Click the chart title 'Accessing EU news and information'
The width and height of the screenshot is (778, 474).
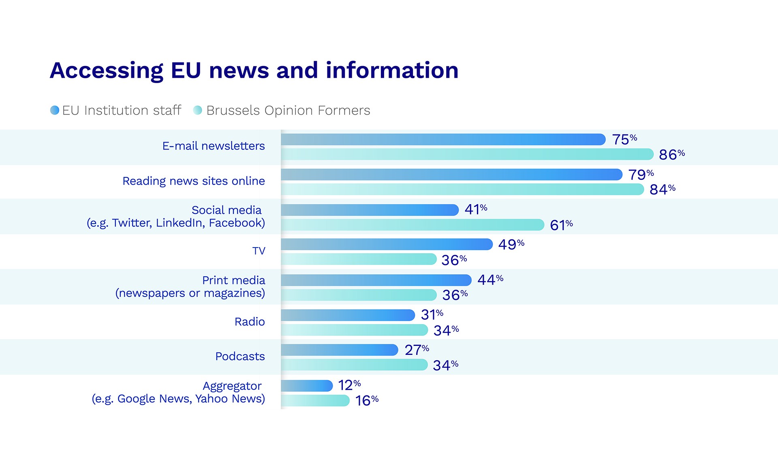[x=254, y=70]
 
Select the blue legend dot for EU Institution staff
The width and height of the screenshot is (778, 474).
[x=55, y=110]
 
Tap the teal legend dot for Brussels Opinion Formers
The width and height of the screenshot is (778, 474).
[x=198, y=110]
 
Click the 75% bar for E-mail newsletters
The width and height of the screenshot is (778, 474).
[x=443, y=139]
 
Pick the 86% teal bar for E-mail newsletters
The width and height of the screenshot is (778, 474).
[x=467, y=154]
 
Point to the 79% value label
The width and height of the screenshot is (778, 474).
[x=641, y=175]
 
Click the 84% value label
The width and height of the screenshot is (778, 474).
[x=662, y=189]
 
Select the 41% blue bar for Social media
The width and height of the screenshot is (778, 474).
[x=370, y=210]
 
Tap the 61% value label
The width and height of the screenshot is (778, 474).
[x=561, y=225]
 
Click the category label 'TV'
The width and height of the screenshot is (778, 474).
[x=259, y=251]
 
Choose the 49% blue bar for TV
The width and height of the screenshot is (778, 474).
[x=387, y=244]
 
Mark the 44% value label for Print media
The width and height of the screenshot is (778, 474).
[x=490, y=280]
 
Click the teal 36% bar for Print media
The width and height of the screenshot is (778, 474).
[x=359, y=295]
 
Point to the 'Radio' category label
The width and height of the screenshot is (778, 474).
[x=250, y=322]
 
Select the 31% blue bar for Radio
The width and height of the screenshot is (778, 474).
[x=348, y=315]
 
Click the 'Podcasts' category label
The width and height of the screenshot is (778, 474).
[x=240, y=357]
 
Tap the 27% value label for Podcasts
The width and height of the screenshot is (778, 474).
[x=416, y=350]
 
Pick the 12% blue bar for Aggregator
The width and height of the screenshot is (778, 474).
[x=307, y=386]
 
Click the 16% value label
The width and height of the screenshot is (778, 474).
[x=366, y=401]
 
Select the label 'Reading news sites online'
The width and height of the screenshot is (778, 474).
[x=194, y=181]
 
